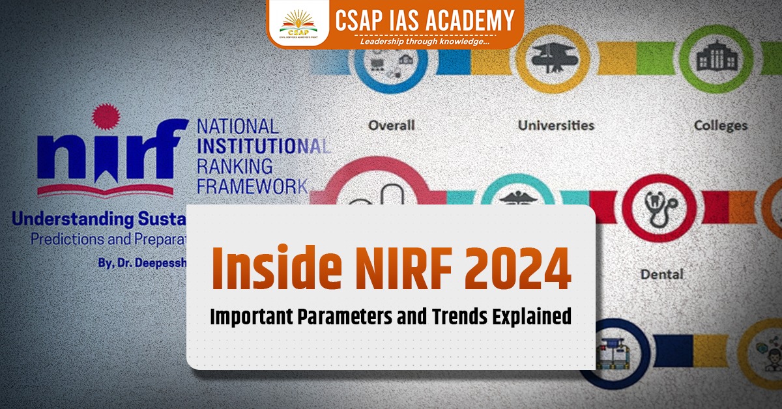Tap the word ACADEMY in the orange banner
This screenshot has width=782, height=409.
coord(467,19)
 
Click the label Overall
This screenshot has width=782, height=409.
coord(391,124)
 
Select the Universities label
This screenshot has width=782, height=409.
coord(556,124)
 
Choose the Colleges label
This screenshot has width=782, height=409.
coord(720,124)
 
